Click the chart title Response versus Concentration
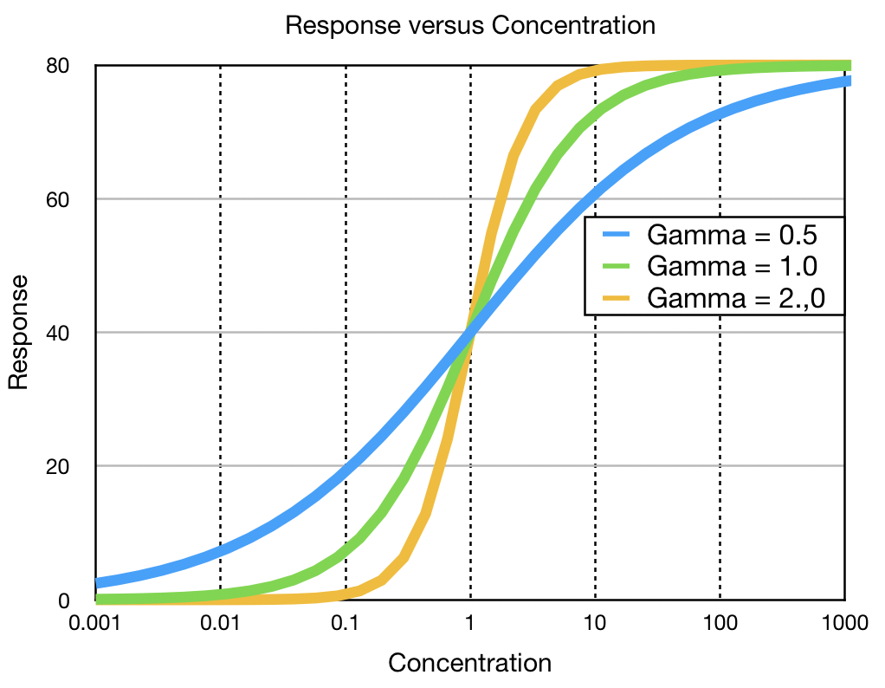click(469, 25)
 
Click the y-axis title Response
click(19, 333)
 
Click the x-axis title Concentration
click(469, 663)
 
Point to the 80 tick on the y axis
click(70, 66)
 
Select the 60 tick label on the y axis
click(70, 199)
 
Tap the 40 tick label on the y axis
click(70, 333)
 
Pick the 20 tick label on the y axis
click(70, 466)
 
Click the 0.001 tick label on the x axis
click(96, 623)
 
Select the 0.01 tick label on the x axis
click(221, 623)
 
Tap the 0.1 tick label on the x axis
click(346, 623)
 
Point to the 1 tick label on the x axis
click(470, 623)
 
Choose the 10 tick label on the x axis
click(595, 623)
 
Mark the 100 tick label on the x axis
click(720, 623)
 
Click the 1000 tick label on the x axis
click(843, 623)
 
